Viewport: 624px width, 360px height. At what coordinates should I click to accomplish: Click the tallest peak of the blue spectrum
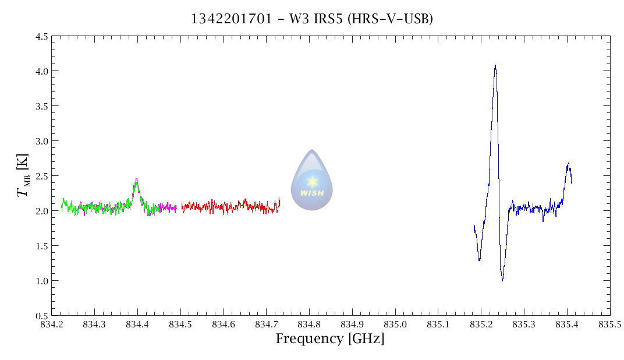[x=495, y=65]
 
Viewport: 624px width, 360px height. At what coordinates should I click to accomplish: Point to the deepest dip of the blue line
[x=502, y=280]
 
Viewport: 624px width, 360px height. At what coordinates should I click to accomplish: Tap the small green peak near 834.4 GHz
[x=136, y=180]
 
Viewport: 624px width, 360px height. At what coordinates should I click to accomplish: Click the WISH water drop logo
[x=312, y=180]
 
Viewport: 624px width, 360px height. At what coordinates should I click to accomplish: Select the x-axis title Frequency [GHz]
[x=330, y=339]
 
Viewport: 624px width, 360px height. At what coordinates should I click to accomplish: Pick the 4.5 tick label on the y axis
[x=41, y=36]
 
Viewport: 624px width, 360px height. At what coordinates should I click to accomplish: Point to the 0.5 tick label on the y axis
[x=41, y=315]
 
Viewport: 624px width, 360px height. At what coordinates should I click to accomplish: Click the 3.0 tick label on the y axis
[x=41, y=141]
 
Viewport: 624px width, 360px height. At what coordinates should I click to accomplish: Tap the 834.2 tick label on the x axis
[x=51, y=324]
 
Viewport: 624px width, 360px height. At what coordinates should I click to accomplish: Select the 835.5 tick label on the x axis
[x=610, y=324]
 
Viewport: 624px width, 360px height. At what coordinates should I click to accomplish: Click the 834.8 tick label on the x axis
[x=309, y=324]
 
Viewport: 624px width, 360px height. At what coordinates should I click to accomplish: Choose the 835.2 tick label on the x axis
[x=481, y=324]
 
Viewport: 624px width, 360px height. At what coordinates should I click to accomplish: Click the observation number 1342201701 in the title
[x=231, y=19]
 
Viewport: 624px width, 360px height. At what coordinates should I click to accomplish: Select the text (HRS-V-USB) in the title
[x=388, y=19]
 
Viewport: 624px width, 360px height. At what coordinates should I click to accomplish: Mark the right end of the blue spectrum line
[x=572, y=183]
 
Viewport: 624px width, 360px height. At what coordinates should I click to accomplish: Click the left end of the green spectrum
[x=62, y=207]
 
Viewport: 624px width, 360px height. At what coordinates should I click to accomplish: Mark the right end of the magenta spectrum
[x=176, y=208]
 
